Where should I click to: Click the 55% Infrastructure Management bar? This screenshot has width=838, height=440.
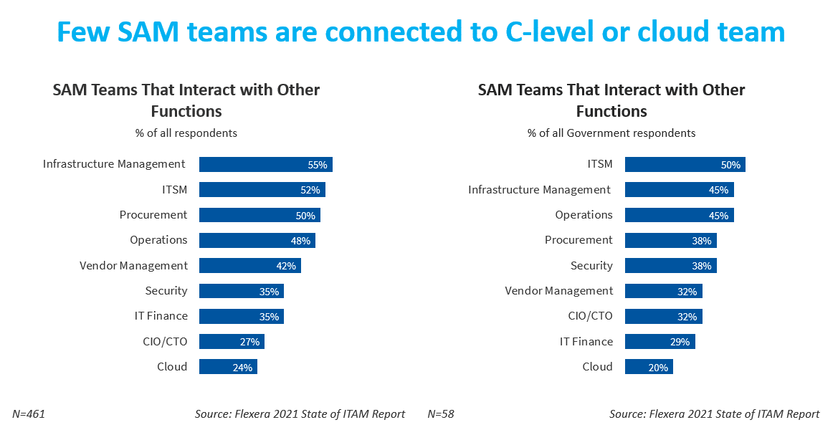tap(265, 165)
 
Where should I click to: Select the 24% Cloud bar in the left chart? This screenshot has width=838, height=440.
tap(228, 367)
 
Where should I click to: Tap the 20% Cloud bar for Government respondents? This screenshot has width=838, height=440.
tap(649, 367)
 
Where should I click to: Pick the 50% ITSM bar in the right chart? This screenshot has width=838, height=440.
tap(685, 165)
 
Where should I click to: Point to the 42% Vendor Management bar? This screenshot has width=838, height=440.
tap(249, 266)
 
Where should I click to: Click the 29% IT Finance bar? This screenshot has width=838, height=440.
tap(660, 342)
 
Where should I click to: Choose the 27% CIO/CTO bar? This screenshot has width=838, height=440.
tap(232, 342)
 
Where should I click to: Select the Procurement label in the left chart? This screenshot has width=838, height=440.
tap(153, 215)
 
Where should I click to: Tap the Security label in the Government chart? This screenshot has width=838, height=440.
tap(591, 266)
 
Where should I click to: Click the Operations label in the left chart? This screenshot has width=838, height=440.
tap(158, 240)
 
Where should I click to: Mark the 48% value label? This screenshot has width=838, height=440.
tap(300, 241)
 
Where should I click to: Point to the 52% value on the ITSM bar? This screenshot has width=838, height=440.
tap(310, 190)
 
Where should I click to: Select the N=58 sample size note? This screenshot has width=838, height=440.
tap(441, 414)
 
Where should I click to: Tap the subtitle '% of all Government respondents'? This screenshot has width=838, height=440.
tap(611, 133)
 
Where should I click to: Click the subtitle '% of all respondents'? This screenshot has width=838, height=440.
tap(186, 133)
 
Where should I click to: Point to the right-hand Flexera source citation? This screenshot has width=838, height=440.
tap(714, 414)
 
